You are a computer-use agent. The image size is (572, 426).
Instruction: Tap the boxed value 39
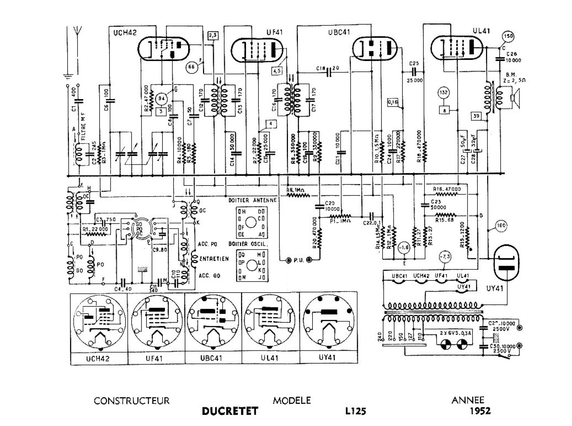[x=476, y=116]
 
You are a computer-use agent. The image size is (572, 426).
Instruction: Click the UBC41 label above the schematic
[x=339, y=32]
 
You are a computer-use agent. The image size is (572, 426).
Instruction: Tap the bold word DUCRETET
[x=230, y=411]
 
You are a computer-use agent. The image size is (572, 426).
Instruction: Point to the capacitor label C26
[x=511, y=54]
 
